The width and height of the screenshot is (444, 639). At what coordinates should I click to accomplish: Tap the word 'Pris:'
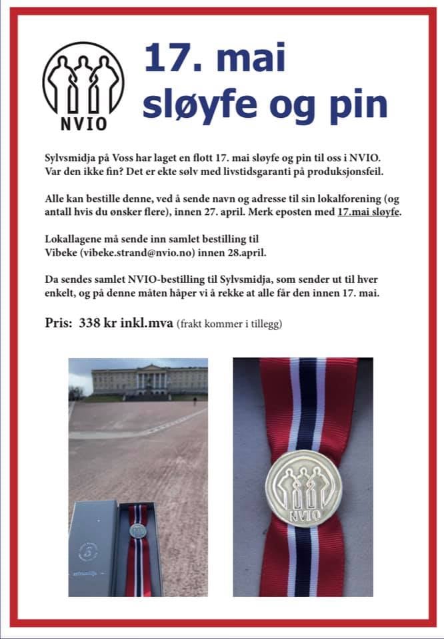pyautogui.click(x=60, y=324)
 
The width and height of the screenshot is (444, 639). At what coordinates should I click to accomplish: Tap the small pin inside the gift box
pyautogui.click(x=137, y=531)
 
